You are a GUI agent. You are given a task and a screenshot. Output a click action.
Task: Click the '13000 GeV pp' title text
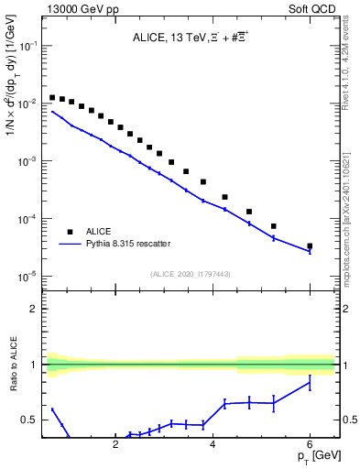[x=80, y=8]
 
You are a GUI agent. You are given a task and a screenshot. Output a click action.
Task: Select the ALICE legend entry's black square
[x=70, y=232]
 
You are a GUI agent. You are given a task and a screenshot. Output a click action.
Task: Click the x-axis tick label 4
[x=213, y=446]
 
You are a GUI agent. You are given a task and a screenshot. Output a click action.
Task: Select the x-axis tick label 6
[x=310, y=446]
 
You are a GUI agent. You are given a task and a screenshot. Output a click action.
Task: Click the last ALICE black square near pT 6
[x=310, y=245]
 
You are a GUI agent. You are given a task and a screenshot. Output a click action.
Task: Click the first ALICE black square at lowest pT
[x=52, y=97]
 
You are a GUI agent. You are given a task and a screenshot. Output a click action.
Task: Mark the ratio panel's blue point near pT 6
[x=310, y=383]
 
